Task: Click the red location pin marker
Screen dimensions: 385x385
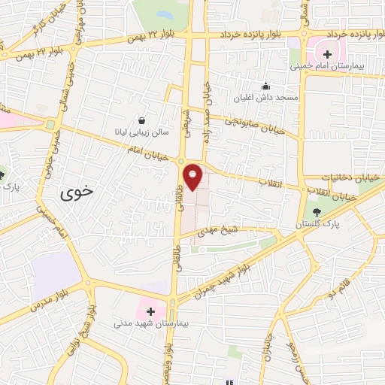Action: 194,177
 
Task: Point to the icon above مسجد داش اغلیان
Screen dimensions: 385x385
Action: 265,86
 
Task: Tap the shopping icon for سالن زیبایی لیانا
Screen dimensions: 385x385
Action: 142,119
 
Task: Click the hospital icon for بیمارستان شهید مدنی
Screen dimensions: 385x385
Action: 150,311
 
